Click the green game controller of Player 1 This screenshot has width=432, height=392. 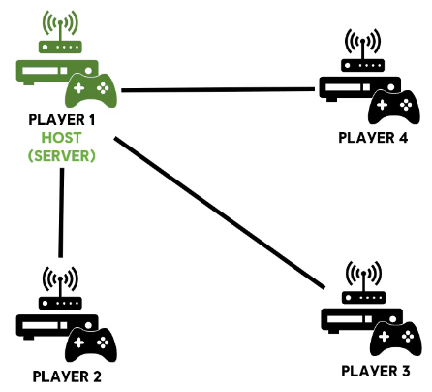click(x=91, y=90)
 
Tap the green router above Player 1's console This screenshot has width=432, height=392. click(x=60, y=32)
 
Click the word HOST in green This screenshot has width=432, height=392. click(x=61, y=138)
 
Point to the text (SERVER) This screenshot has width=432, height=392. click(x=61, y=156)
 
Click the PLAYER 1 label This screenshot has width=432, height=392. click(x=62, y=120)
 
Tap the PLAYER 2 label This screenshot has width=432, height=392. click(x=67, y=376)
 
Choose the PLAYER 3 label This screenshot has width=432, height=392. click(x=376, y=371)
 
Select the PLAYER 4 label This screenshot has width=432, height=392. click(x=373, y=138)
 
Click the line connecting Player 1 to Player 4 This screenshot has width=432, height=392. click(x=218, y=89)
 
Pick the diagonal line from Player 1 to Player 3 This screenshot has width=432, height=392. click(x=220, y=212)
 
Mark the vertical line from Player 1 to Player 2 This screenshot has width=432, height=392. click(x=61, y=212)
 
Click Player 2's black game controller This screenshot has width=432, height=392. click(x=91, y=344)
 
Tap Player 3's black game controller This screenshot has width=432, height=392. click(x=396, y=339)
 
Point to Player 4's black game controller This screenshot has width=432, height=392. click(x=394, y=107)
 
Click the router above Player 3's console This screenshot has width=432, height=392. click(x=363, y=282)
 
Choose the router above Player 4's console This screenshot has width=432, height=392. click(x=362, y=50)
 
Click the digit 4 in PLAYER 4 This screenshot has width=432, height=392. click(x=403, y=138)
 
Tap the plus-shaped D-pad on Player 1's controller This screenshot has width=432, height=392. click(x=78, y=88)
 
